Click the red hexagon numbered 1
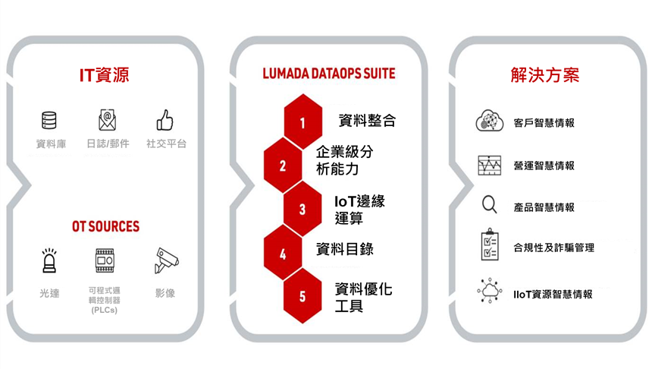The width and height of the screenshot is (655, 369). click(302, 121)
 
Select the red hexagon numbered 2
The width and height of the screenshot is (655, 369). click(283, 166)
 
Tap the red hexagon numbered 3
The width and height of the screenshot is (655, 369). click(302, 209)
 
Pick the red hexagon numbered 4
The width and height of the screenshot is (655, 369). click(283, 253)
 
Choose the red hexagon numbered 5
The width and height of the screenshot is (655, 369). click(302, 296)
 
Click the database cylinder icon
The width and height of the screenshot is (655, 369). click(49, 121)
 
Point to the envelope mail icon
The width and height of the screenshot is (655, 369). click(108, 120)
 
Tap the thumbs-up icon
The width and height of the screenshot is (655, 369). click(165, 120)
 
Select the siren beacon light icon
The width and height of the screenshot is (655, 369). click(49, 260)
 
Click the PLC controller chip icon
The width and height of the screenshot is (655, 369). click(105, 260)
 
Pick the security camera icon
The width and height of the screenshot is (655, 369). click(166, 260)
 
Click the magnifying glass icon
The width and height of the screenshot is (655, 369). click(490, 204)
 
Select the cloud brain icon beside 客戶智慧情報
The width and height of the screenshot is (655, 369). click(490, 121)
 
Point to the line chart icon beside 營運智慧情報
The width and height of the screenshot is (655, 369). click(490, 166)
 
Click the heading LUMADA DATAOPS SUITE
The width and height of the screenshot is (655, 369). click(329, 74)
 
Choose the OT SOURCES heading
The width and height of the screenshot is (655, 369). click(105, 226)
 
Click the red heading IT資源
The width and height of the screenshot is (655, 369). click(105, 75)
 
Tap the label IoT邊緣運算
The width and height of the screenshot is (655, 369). click(359, 210)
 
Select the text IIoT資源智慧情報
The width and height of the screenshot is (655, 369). click(553, 294)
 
